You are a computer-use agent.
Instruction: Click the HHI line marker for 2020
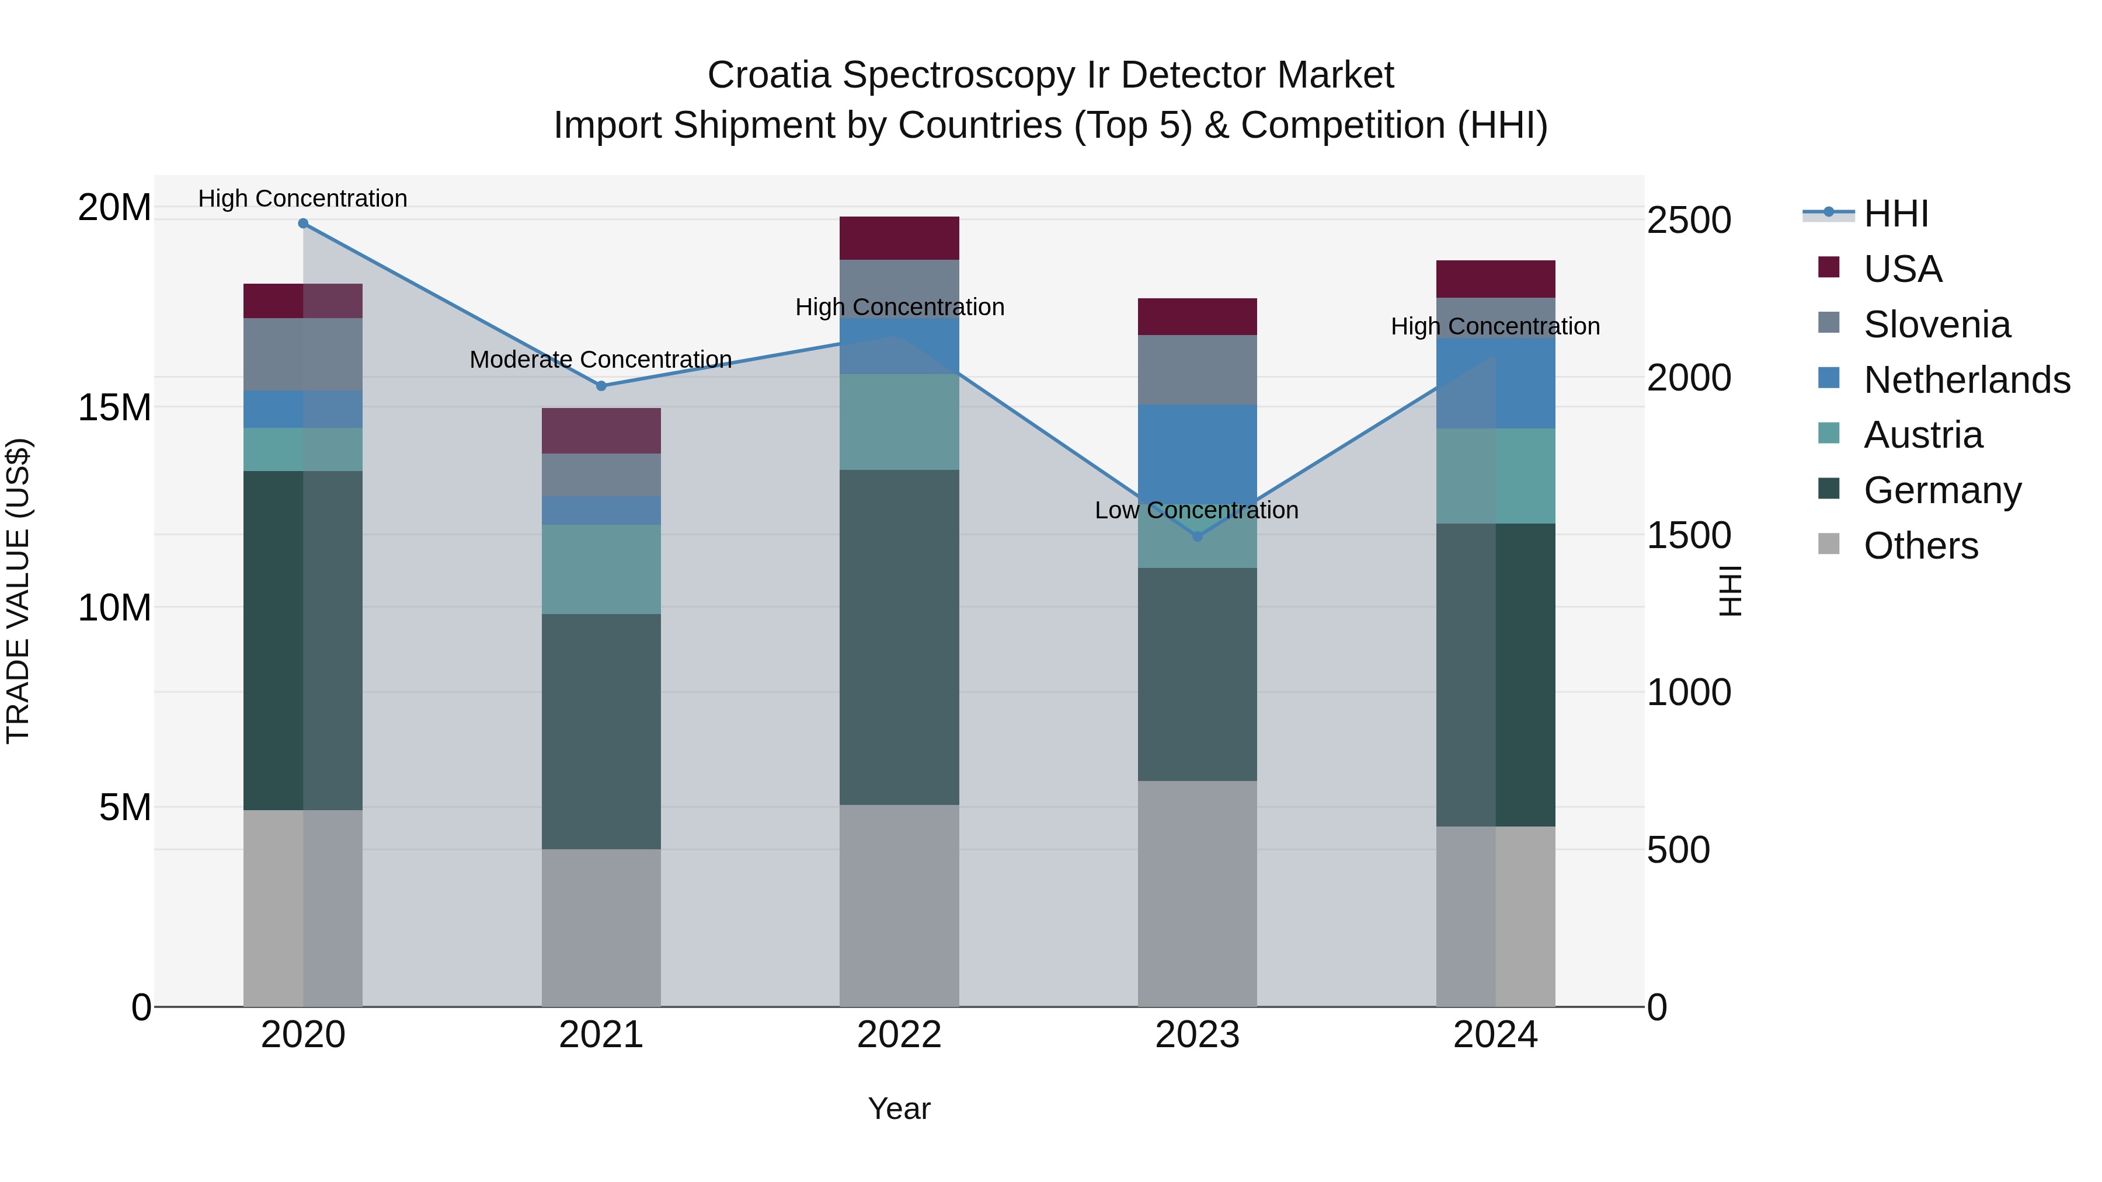click(302, 223)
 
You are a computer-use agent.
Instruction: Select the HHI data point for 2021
click(601, 386)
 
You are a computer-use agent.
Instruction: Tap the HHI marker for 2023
click(1197, 536)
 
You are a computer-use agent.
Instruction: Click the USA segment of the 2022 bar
click(899, 238)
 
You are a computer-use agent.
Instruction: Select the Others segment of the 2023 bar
click(1197, 893)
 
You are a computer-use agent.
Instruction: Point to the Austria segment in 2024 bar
click(1496, 476)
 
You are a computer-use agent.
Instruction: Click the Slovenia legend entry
click(1936, 325)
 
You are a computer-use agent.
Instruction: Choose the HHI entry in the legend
click(1895, 214)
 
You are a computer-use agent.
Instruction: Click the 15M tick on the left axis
click(114, 407)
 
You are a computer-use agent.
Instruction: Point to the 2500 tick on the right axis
click(1688, 220)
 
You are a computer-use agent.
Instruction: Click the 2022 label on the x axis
click(899, 1035)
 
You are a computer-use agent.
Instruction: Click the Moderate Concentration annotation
click(601, 360)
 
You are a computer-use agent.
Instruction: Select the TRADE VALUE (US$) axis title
click(18, 591)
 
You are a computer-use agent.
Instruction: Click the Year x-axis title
click(899, 1108)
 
